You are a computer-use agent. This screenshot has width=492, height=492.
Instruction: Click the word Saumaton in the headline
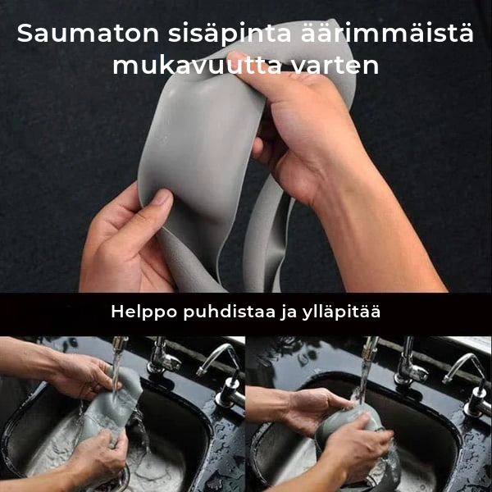click(x=88, y=34)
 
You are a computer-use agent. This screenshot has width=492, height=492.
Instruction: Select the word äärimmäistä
click(x=387, y=33)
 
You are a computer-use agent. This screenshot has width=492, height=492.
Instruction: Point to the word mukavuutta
click(x=197, y=66)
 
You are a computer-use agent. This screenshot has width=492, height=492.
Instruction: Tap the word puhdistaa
click(x=230, y=312)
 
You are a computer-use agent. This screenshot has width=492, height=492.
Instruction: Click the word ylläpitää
click(x=341, y=312)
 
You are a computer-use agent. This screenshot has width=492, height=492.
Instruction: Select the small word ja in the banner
click(x=289, y=313)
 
